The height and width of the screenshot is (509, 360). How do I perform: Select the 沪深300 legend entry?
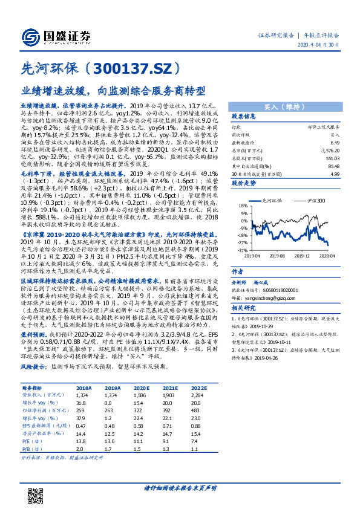point(314,199)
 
